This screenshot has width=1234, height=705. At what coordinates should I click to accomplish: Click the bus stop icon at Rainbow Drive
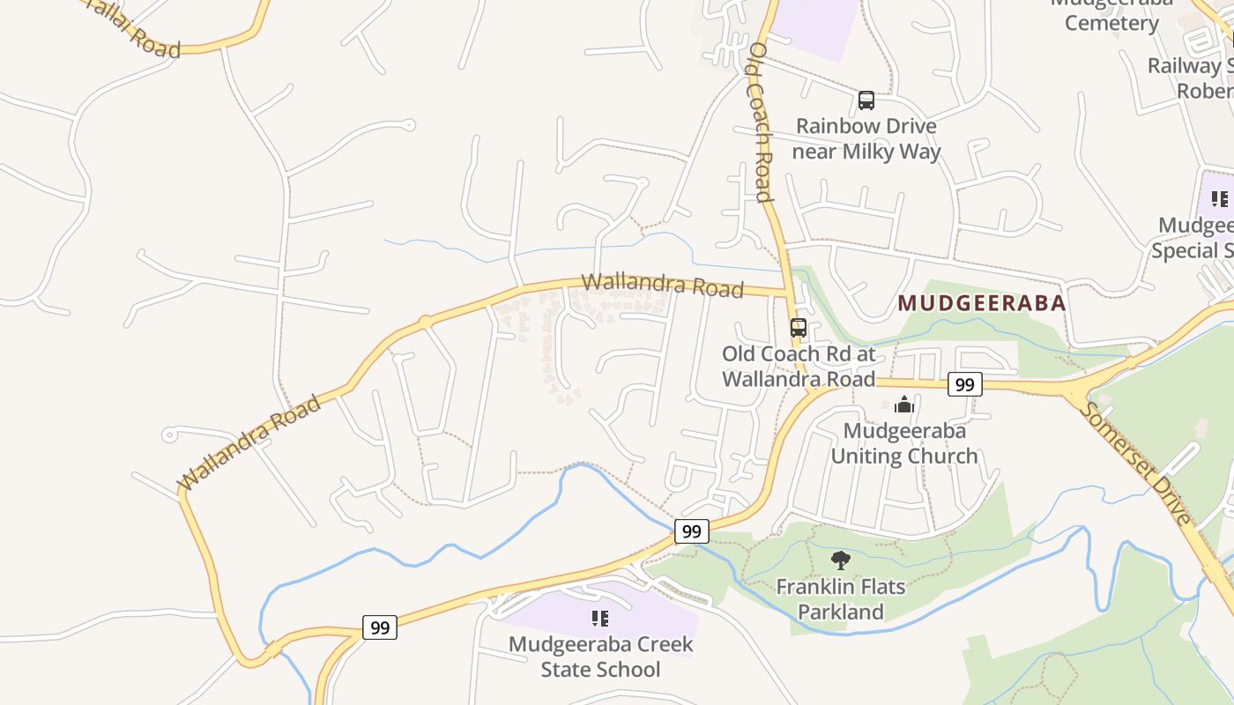866,100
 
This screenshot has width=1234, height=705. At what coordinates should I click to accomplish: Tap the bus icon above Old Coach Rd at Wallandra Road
799,328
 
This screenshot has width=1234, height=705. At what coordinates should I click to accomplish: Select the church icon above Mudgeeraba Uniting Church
903,405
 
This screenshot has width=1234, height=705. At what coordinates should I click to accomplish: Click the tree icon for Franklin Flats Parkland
841,560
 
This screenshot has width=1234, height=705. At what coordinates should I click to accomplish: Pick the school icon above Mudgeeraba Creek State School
600,618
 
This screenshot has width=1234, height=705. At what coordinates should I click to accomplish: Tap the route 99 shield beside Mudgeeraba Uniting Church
965,384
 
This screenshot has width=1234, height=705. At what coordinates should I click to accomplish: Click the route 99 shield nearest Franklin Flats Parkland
692,531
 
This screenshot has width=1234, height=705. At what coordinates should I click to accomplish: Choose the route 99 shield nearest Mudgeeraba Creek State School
380,627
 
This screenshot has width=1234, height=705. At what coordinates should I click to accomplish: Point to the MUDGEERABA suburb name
982,303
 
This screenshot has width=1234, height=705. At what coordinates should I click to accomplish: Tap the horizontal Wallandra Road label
662,286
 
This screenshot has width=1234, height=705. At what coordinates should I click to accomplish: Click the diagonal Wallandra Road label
249,443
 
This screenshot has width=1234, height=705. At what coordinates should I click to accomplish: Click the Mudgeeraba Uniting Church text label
904,443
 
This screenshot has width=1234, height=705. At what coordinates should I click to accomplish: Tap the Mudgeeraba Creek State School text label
600,657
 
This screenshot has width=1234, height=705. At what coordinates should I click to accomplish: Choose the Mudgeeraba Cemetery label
1111,14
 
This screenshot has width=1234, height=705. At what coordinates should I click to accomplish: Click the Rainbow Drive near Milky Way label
866,139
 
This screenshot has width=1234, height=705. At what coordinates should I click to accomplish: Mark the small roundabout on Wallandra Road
425,323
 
